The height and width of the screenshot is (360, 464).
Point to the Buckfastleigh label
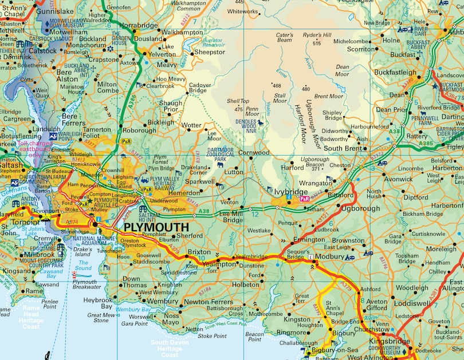(396, 73)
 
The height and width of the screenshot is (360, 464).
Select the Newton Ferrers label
(208, 302)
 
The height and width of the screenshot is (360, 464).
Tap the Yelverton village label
(162, 55)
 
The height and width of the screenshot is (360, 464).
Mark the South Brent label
(343, 148)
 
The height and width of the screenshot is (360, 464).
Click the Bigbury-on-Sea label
(335, 350)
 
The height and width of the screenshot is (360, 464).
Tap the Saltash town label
(12, 164)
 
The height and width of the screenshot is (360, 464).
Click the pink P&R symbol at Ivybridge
(305, 199)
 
